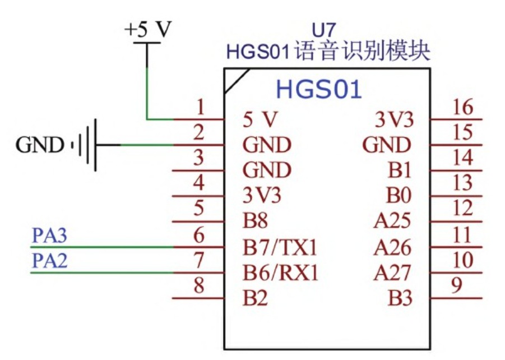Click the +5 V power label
tap(147, 30)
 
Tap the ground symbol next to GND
tap(87, 145)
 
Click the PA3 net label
tap(49, 236)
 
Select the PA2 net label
tap(49, 261)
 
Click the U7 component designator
tap(326, 30)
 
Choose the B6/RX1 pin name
tap(280, 273)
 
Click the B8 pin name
tap(256, 221)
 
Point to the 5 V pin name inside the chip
tap(260, 119)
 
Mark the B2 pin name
tap(256, 299)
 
